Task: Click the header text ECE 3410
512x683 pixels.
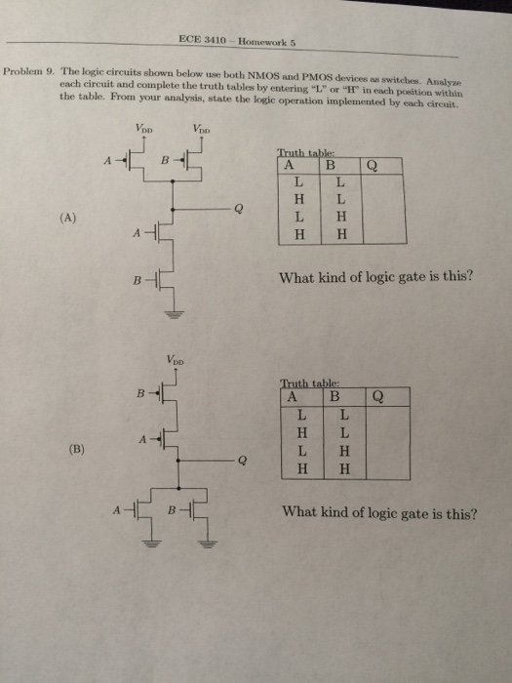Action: coord(202,40)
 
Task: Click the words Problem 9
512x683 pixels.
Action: coord(28,71)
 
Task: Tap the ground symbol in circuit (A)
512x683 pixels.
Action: coord(175,314)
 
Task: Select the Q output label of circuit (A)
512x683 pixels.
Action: coord(238,209)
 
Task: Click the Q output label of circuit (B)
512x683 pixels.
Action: coord(243,461)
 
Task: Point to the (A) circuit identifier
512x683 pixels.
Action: coord(67,218)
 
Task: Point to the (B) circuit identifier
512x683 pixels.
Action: coord(77,449)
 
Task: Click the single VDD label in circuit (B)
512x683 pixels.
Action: coord(175,360)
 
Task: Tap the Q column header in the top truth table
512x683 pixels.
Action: coord(372,166)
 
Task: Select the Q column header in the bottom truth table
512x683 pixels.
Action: coord(378,397)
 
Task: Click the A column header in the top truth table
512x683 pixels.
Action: coord(289,165)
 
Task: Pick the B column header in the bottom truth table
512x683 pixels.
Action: coord(335,396)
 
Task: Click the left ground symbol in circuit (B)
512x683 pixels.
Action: coord(151,543)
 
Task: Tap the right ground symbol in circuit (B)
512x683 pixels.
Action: coord(208,543)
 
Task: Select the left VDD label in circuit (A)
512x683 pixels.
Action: coord(143,129)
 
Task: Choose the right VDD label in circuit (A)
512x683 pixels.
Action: coord(202,129)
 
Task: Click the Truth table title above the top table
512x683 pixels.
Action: coord(305,153)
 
